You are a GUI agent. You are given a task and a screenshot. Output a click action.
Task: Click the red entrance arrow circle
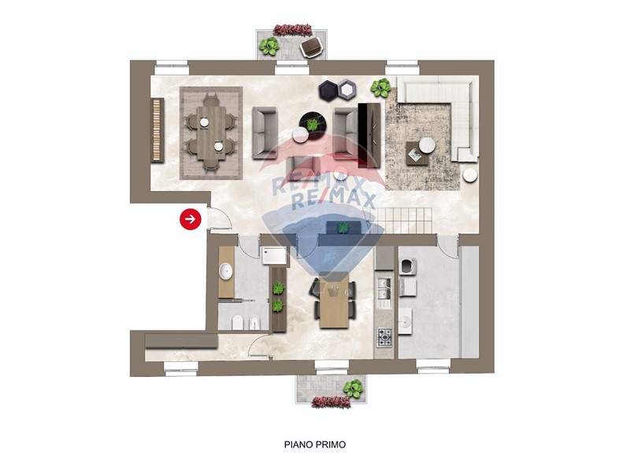pyautogui.click(x=190, y=219)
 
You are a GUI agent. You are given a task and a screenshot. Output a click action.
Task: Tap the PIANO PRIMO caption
pyautogui.click(x=314, y=444)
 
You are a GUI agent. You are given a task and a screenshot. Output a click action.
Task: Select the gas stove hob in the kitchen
pyautogui.click(x=384, y=338)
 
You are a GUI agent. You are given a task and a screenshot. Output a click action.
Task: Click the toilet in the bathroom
pyautogui.click(x=238, y=323)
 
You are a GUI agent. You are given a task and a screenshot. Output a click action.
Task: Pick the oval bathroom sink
pyautogui.click(x=225, y=271)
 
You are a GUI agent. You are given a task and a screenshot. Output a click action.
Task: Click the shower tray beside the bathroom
pyautogui.click(x=274, y=256)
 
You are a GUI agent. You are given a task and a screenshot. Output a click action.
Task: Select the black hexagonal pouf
pyautogui.click(x=328, y=90)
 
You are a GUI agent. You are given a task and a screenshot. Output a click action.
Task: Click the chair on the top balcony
pyautogui.click(x=312, y=47)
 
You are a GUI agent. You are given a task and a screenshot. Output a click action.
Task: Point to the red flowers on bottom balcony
pyautogui.click(x=331, y=402)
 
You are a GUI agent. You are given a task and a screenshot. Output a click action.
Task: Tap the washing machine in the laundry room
pyautogui.click(x=407, y=267)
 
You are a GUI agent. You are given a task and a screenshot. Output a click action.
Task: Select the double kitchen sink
pyautogui.click(x=384, y=289)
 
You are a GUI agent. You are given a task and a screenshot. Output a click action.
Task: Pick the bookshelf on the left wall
pyautogui.click(x=157, y=131)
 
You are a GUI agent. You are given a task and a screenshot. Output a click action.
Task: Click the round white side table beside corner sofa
pyautogui.click(x=469, y=175)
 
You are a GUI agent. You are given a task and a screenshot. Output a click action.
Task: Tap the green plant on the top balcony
pyautogui.click(x=269, y=46)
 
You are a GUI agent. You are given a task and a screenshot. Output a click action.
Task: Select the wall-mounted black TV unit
pyautogui.click(x=369, y=135)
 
